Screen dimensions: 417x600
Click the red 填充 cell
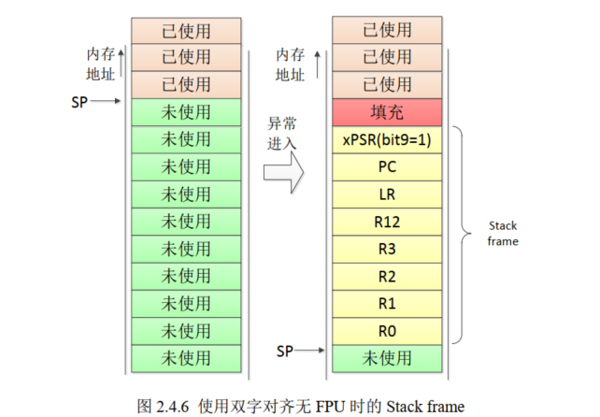(x=387, y=112)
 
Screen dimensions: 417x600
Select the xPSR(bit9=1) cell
(x=387, y=140)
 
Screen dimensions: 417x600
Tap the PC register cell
(x=387, y=167)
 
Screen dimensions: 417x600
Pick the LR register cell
(x=387, y=194)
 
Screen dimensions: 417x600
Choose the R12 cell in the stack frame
(x=387, y=223)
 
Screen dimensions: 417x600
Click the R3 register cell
(x=387, y=250)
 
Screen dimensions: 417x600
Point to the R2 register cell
(x=387, y=277)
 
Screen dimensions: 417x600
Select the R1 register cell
(x=387, y=304)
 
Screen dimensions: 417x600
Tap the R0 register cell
(x=387, y=331)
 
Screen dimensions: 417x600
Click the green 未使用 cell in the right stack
(x=387, y=358)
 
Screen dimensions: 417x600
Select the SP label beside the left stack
(x=79, y=100)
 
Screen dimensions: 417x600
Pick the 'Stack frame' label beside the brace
(x=504, y=234)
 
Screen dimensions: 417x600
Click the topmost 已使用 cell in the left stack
(x=186, y=30)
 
